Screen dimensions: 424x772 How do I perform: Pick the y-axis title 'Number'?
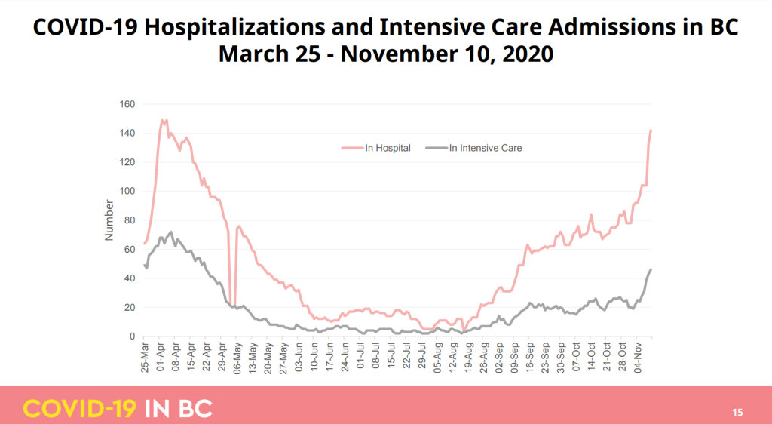109,220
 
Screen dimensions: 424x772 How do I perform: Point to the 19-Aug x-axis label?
467,361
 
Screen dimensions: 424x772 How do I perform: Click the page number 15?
737,412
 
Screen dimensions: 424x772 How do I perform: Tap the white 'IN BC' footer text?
177,409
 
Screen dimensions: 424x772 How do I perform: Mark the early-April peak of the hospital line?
162,120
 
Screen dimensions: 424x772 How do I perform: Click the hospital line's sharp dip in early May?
232,306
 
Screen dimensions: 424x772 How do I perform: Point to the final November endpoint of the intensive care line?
651,269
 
